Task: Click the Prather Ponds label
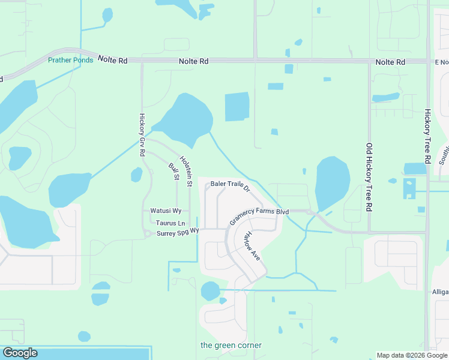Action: (71, 60)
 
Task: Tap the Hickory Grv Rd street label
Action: (142, 135)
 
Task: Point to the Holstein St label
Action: (187, 172)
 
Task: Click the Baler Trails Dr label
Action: (229, 185)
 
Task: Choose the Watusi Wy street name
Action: (166, 211)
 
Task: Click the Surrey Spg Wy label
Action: (177, 233)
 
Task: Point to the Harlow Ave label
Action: (252, 246)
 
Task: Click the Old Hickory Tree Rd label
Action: (370, 177)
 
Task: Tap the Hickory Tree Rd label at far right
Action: (428, 136)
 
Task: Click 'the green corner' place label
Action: (231, 345)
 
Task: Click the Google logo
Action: (20, 353)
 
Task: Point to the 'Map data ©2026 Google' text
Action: (412, 355)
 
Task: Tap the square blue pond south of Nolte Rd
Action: (237, 107)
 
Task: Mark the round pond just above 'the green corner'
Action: (210, 291)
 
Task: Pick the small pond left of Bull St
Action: (137, 175)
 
